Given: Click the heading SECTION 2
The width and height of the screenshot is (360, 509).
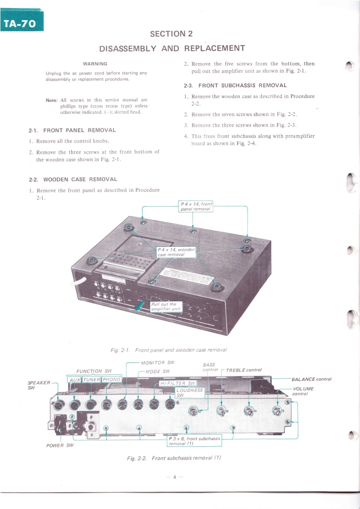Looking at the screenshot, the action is [x=172, y=34].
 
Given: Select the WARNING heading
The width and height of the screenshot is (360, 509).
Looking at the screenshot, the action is [x=95, y=64].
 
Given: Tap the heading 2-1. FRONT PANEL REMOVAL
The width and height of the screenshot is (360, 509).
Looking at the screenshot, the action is [x=73, y=130].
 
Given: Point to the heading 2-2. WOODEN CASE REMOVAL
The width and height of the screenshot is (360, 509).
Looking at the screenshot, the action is [x=73, y=179].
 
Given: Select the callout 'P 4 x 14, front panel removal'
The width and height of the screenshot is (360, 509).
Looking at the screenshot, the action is [x=196, y=206].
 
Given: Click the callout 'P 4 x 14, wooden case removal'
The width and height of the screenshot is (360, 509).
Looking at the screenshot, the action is [x=177, y=252].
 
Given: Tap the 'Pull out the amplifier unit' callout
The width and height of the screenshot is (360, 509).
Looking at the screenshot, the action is [x=166, y=306].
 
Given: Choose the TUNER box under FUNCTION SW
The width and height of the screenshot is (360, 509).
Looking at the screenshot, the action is [x=92, y=379].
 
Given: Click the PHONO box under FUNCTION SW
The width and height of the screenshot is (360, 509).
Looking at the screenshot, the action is [x=111, y=379].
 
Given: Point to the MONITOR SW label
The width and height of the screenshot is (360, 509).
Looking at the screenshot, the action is [x=158, y=362].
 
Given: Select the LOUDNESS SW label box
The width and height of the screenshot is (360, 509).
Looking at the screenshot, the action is [x=190, y=392].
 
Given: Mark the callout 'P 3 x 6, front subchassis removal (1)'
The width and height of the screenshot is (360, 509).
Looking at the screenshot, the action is [x=194, y=441].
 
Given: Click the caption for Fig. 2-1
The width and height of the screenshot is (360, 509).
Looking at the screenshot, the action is [x=168, y=350].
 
